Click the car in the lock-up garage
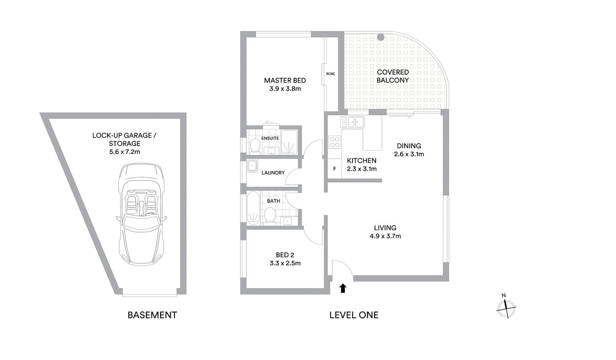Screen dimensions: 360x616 (x=140, y=214)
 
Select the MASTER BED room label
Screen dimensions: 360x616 (x=284, y=80)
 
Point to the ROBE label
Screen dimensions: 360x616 (x=330, y=74)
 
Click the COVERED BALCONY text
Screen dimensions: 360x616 (x=392, y=76)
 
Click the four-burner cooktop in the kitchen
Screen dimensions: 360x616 (x=335, y=142)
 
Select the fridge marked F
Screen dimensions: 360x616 (x=335, y=169)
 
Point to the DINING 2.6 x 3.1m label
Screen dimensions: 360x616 (x=409, y=150)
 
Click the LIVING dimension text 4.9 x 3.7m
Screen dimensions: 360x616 (x=385, y=236)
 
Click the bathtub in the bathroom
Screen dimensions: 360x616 (x=253, y=209)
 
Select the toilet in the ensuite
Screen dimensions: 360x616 (x=255, y=145)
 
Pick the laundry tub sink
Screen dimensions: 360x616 (x=252, y=166)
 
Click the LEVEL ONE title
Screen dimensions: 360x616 (x=353, y=315)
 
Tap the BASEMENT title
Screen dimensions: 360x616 (x=152, y=315)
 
